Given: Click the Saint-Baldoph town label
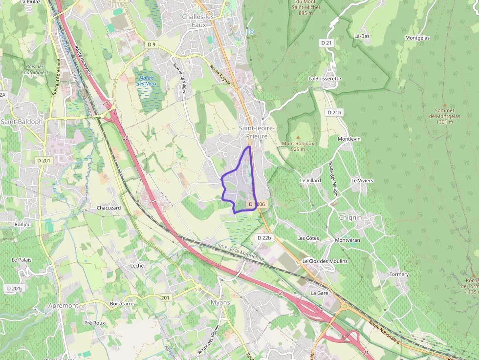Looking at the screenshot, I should coord(22,121).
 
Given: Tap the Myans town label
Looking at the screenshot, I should coord(219,302).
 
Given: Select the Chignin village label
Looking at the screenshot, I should coord(350,217).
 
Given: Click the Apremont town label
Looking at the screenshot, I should coord(63,305).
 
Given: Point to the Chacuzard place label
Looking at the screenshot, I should coord(109,208).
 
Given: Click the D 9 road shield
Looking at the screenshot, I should coord(152,44).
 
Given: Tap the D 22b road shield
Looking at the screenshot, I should coord(263,237).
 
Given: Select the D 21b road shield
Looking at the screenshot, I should coord(335,112).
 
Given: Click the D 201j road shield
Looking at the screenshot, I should coord(14,289).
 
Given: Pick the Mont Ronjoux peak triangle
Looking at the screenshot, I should coord(298,136).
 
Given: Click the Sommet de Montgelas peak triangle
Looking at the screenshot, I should coord(444,105).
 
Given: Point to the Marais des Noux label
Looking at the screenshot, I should coord(146,81).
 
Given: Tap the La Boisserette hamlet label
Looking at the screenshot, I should coord(325,78).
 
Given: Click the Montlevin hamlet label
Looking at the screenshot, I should coord(349,139).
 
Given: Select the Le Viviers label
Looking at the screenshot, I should coord(362,181).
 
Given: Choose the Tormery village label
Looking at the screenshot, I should coord(399,274).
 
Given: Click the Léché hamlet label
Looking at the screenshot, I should coord(137,265).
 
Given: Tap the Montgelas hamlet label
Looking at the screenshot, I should coord(417,38).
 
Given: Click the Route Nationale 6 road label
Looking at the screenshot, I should coord(385,332).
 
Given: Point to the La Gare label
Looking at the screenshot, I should coord(319,293).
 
